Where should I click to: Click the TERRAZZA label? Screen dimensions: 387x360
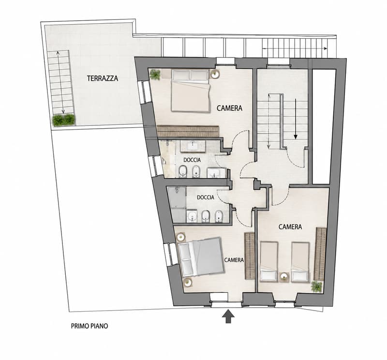pyautogui.click(x=103, y=78)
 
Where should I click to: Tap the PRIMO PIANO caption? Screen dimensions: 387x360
pyautogui.click(x=89, y=326)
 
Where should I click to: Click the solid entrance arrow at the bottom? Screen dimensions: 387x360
pyautogui.click(x=228, y=316)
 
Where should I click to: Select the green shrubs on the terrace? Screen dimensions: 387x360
pyautogui.click(x=64, y=120)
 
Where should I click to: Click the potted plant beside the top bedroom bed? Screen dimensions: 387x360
pyautogui.click(x=155, y=74)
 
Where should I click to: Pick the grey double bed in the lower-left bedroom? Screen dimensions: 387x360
pyautogui.click(x=201, y=257)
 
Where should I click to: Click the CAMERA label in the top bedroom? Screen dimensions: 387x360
pyautogui.click(x=229, y=108)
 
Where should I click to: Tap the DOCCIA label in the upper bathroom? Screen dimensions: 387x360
pyautogui.click(x=192, y=160)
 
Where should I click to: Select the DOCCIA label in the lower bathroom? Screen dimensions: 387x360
pyautogui.click(x=206, y=197)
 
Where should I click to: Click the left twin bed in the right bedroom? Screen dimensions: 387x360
pyautogui.click(x=269, y=262)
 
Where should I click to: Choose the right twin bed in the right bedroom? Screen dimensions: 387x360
pyautogui.click(x=300, y=262)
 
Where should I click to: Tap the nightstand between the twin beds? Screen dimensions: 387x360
pyautogui.click(x=284, y=277)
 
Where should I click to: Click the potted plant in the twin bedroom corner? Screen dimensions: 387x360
pyautogui.click(x=317, y=286)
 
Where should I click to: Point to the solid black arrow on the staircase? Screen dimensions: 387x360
pyautogui.click(x=296, y=119)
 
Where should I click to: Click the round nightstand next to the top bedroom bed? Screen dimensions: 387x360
pyautogui.click(x=215, y=74)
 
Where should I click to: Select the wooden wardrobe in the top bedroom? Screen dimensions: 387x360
pyautogui.click(x=188, y=131)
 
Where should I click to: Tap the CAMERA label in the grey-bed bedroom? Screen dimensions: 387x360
pyautogui.click(x=234, y=260)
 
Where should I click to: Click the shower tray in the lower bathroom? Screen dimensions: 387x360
pyautogui.click(x=177, y=197)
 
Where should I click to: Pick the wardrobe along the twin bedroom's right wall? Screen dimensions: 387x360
pyautogui.click(x=320, y=254)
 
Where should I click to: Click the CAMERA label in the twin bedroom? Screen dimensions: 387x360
pyautogui.click(x=290, y=226)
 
